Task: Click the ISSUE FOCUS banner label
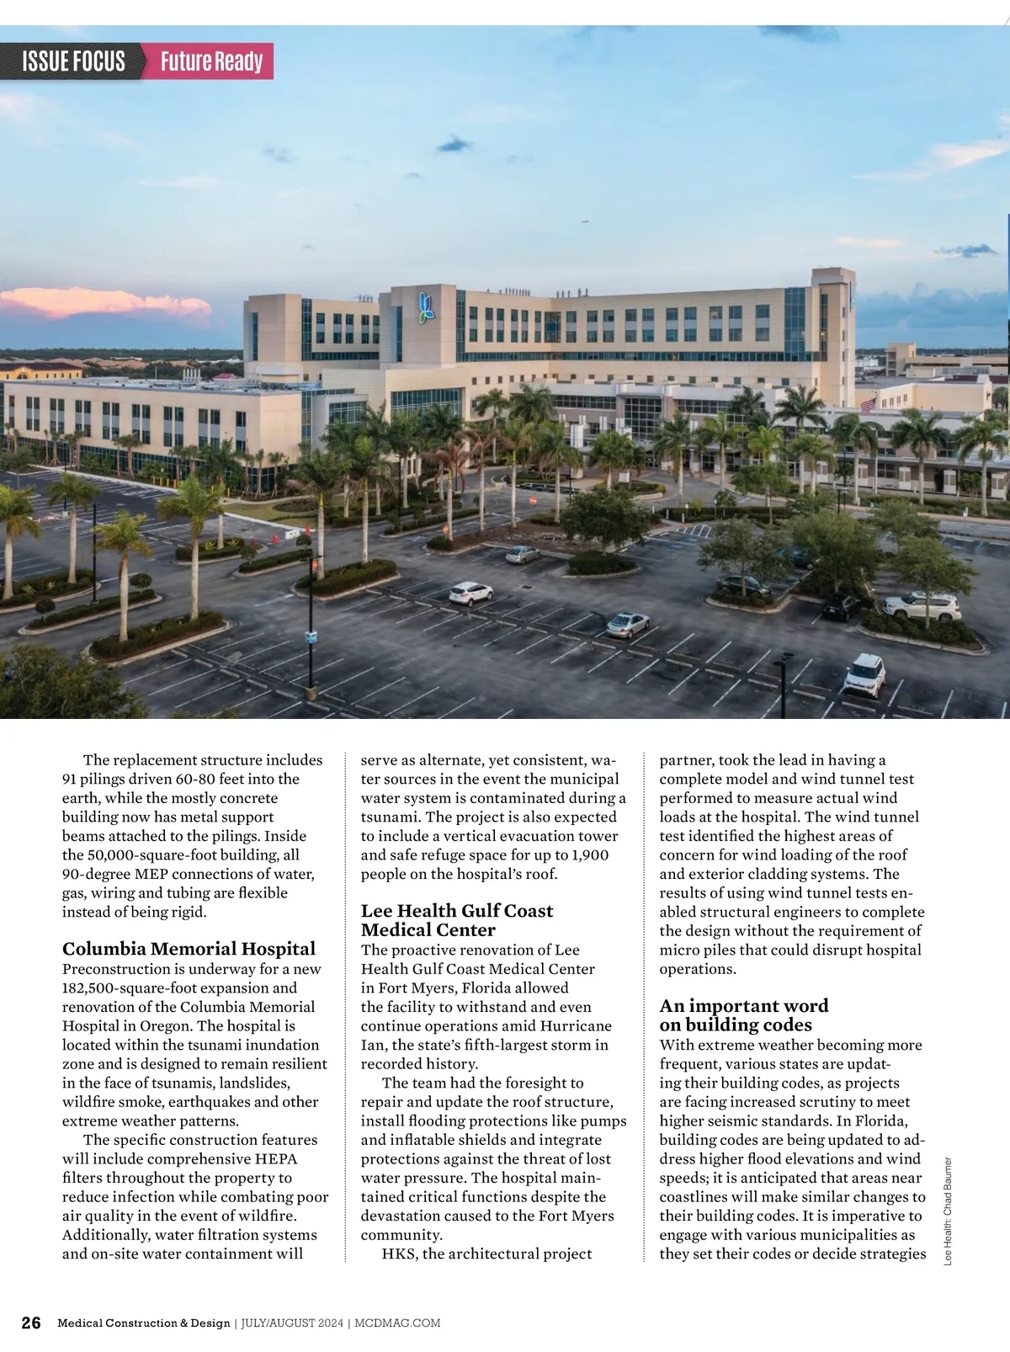coord(73,61)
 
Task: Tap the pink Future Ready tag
coord(211,61)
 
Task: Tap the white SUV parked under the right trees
coord(922,604)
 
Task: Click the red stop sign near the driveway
coord(533,499)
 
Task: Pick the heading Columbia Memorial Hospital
coord(189,949)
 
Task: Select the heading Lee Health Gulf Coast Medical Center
coord(456,920)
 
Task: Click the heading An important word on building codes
coord(743,1015)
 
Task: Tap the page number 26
coord(31,1323)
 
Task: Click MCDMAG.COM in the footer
coord(397,1323)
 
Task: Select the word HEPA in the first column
coord(276,1159)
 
